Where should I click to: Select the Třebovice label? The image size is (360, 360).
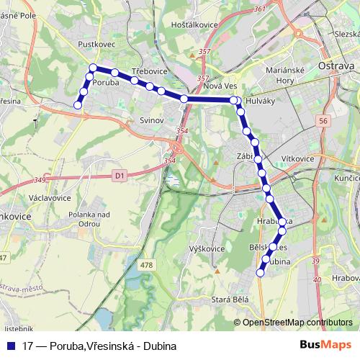coord(149,73)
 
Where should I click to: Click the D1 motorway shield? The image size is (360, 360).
coord(120,174)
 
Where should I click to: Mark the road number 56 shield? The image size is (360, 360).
coord(323,122)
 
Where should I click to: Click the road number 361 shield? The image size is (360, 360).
coord(260,9)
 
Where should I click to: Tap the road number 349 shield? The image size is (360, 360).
coord(40,179)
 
